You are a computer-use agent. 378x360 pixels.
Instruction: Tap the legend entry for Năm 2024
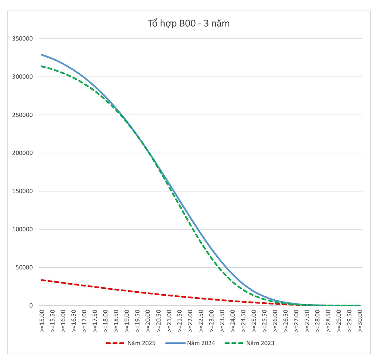(x=201, y=343)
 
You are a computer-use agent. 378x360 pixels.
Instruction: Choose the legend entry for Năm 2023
(x=260, y=343)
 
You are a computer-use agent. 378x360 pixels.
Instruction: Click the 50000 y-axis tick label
(x=25, y=268)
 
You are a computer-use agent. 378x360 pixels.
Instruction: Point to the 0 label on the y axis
(x=31, y=306)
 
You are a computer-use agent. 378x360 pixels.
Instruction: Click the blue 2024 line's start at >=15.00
(x=41, y=55)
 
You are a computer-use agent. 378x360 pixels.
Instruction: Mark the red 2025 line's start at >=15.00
(x=41, y=280)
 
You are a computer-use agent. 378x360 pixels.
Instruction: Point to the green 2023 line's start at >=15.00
(x=41, y=66)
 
